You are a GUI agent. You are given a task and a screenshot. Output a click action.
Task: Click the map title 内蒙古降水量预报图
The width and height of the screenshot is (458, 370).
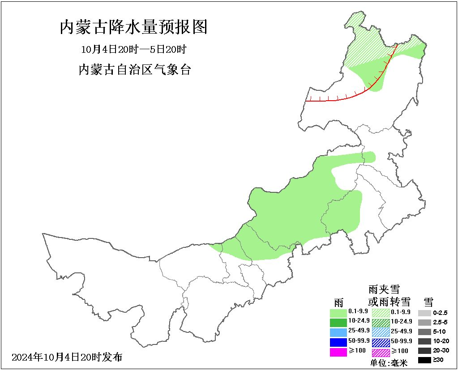tap(133, 27)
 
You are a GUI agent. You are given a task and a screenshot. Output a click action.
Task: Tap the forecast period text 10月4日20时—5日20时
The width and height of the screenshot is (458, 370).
tap(133, 49)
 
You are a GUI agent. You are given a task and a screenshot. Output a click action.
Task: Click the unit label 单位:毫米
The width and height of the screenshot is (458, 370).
tap(389, 363)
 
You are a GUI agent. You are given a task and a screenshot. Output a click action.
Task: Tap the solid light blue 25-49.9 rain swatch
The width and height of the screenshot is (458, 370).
tap(338, 332)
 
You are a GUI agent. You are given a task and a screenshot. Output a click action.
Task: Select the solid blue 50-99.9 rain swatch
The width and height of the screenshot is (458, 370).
tap(338, 342)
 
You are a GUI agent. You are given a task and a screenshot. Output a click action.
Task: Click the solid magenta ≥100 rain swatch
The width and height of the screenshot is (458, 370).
tap(338, 352)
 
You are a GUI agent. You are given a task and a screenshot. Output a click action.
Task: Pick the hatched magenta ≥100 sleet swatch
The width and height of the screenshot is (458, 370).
tap(380, 352)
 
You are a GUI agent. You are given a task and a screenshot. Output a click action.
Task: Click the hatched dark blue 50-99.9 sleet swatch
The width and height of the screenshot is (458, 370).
tap(380, 342)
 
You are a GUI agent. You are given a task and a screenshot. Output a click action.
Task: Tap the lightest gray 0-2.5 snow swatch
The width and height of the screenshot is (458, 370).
tap(424, 313)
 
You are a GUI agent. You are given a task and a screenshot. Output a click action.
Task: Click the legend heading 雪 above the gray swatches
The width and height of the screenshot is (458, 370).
tap(428, 302)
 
